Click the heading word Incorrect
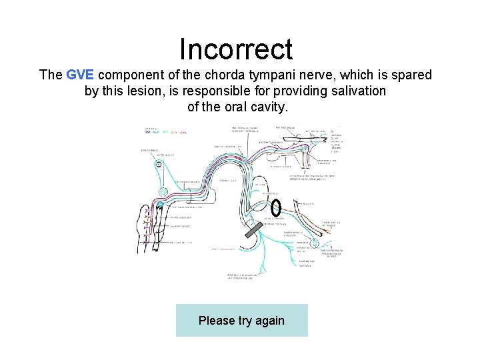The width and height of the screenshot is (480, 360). [x=236, y=49]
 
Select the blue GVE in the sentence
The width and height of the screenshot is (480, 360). [x=81, y=75]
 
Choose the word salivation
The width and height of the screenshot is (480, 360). [x=357, y=91]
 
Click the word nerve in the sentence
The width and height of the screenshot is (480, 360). [x=327, y=75]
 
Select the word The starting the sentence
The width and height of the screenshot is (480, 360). [x=51, y=75]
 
